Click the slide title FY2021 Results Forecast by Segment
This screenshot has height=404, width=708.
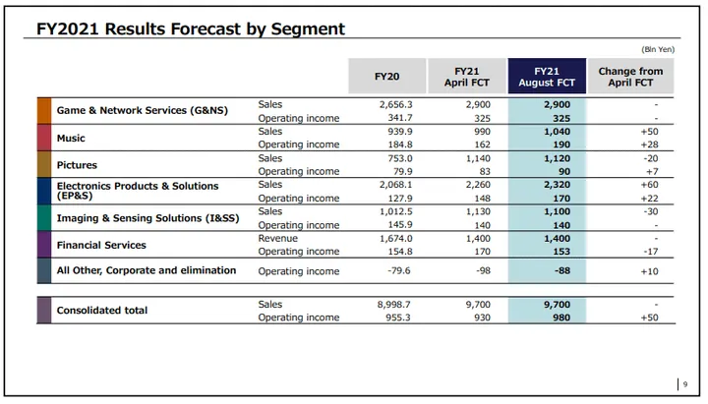192,29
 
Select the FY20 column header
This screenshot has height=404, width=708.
386,77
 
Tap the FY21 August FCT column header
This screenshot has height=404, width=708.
546,77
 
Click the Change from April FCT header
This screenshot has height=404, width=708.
630,77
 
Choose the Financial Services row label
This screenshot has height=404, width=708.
101,245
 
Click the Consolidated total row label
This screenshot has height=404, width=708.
102,311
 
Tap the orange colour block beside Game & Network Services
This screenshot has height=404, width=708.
44,110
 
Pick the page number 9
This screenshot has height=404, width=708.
685,384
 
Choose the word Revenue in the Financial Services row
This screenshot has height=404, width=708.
277,238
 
